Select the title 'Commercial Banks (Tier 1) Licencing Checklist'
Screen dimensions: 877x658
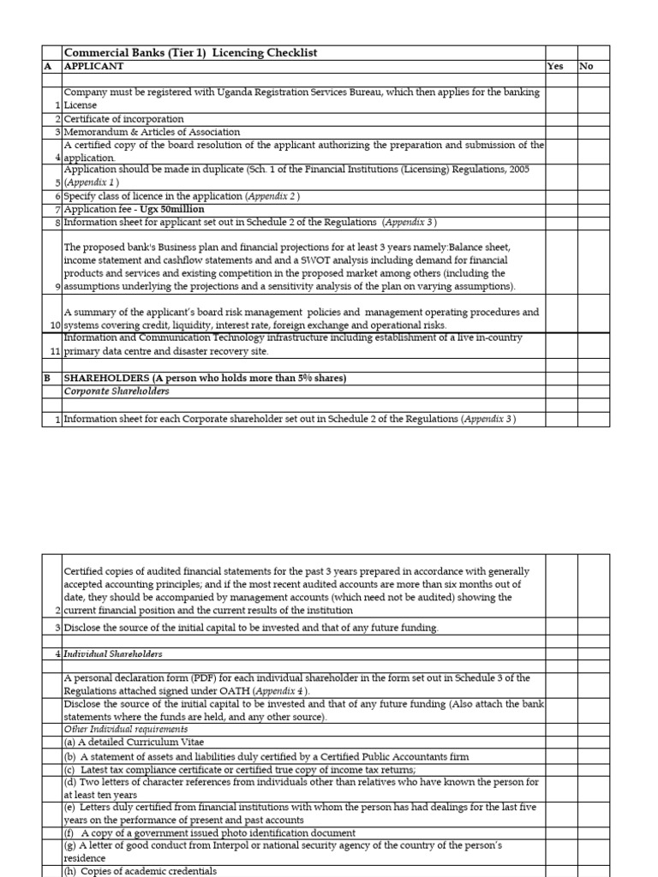(191, 53)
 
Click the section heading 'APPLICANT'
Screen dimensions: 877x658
(94, 66)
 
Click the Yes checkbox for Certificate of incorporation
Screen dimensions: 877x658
(560, 119)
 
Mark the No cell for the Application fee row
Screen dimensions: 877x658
(594, 209)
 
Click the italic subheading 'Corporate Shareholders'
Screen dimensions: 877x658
(117, 391)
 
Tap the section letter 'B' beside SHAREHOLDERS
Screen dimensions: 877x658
(48, 379)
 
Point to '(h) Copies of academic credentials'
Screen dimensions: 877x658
(141, 871)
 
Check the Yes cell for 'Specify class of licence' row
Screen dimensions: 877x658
(560, 196)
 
